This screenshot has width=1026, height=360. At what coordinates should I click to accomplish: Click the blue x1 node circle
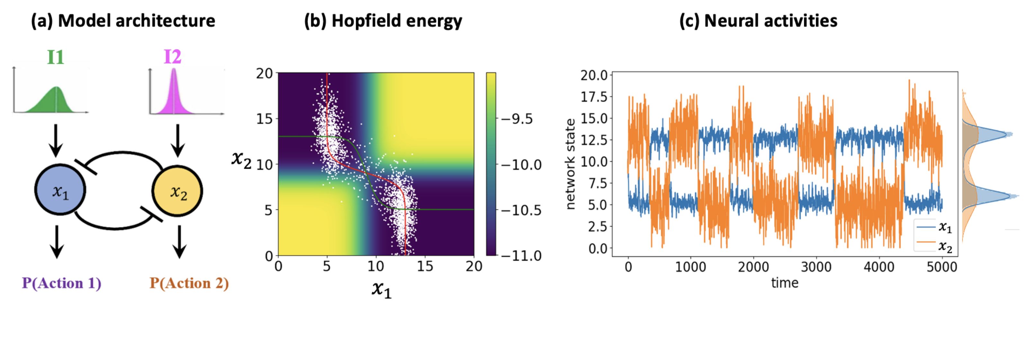[60, 190]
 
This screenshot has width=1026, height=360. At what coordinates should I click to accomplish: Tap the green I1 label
[55, 57]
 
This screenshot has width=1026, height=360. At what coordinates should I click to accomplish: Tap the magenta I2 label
[173, 57]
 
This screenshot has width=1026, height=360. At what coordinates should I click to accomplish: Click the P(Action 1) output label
[62, 283]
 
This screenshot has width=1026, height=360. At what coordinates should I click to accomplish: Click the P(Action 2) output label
[189, 283]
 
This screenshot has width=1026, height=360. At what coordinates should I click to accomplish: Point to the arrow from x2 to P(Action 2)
[179, 242]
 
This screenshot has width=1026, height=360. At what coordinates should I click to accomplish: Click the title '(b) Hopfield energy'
[383, 21]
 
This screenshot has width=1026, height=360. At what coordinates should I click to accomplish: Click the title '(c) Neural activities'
[758, 21]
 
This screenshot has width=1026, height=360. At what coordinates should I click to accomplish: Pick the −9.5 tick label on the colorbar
[517, 119]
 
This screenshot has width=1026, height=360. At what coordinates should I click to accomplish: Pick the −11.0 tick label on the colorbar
[521, 256]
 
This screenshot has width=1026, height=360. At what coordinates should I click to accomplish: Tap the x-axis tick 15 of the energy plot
[425, 266]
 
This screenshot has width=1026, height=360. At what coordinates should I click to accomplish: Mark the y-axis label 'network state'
[570, 164]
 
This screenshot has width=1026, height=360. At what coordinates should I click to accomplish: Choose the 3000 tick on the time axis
[816, 266]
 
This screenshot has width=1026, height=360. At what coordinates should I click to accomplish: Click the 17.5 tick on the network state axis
[594, 97]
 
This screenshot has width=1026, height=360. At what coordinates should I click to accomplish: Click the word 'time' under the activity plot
[785, 283]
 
